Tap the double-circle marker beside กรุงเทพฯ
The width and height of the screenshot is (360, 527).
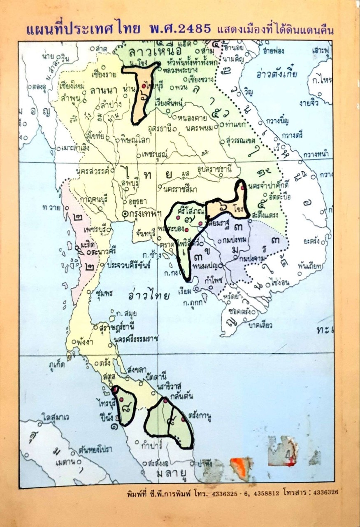pos(125,214)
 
